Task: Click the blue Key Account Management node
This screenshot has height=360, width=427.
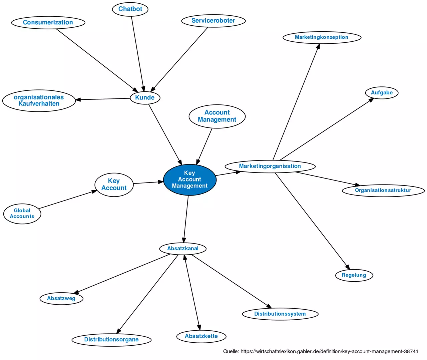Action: click(x=189, y=179)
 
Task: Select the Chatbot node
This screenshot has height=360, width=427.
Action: click(x=130, y=9)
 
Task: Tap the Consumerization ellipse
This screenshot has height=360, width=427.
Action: click(x=48, y=22)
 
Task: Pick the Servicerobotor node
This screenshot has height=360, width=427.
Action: click(x=213, y=21)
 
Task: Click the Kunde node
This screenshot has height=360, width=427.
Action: click(x=145, y=97)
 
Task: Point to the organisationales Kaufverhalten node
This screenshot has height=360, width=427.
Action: click(x=39, y=100)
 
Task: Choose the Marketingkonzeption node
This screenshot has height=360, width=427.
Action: click(x=322, y=37)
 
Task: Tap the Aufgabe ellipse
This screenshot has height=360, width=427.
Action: click(x=382, y=93)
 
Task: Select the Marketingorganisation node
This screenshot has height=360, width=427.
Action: click(x=270, y=166)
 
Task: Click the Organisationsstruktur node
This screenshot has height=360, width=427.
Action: click(x=383, y=191)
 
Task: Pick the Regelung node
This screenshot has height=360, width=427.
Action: click(x=354, y=275)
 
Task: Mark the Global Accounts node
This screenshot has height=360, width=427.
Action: click(x=22, y=214)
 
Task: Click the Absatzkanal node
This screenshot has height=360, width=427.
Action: click(x=183, y=249)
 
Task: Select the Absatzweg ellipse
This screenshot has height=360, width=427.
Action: click(x=61, y=298)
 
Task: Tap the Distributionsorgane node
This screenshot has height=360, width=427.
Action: click(x=111, y=340)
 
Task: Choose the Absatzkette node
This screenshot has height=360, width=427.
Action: click(x=201, y=336)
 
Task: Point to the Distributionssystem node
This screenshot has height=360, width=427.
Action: click(x=280, y=314)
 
